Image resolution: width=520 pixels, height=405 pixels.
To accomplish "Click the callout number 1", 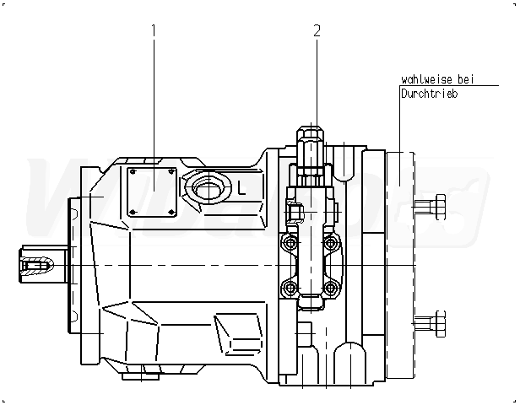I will (x=154, y=30).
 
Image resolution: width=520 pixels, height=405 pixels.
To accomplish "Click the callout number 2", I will (x=317, y=31).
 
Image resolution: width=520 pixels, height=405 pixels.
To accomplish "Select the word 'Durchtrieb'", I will (x=430, y=94).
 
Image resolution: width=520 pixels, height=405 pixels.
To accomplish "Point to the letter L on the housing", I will (x=241, y=188).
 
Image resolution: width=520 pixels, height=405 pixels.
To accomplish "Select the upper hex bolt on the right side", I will (x=436, y=205).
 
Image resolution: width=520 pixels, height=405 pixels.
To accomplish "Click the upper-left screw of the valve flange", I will (x=291, y=243).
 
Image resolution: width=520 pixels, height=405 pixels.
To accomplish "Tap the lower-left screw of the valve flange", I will (x=291, y=287).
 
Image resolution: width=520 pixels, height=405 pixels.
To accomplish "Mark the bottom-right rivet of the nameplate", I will (x=171, y=211).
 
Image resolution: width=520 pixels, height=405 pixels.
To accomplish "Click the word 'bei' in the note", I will (x=467, y=80).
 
